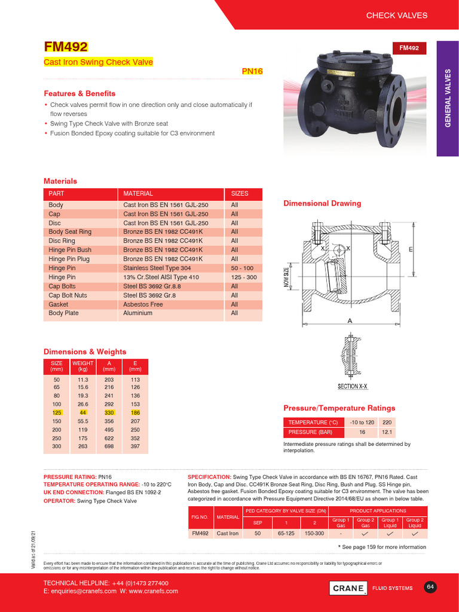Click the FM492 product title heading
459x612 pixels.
click(66, 47)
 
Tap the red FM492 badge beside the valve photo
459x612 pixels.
click(409, 48)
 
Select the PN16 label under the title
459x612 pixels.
click(252, 71)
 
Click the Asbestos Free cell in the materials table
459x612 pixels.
click(143, 304)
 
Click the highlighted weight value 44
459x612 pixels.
click(82, 413)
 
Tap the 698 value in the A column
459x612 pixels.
click(109, 446)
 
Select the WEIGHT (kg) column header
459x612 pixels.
click(82, 366)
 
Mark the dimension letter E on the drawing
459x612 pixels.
click(411, 249)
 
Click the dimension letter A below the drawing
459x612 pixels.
click(350, 321)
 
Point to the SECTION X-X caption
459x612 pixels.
click(352, 387)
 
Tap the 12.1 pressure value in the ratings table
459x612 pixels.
click(387, 432)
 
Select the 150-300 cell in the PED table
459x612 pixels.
click(314, 533)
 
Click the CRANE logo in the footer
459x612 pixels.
click(348, 588)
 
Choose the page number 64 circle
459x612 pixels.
click(430, 587)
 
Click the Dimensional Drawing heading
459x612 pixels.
click(322, 203)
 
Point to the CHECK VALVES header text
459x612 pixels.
click(396, 15)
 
